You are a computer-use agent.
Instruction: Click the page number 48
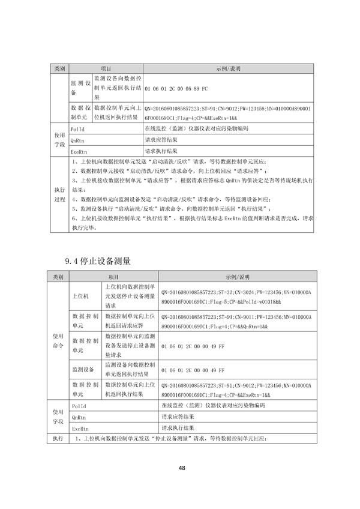click(x=180, y=469)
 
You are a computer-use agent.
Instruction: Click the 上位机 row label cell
click(x=80, y=296)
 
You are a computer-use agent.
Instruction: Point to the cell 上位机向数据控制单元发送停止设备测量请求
click(x=130, y=296)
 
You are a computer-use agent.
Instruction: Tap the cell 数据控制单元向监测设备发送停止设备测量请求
click(x=130, y=347)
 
